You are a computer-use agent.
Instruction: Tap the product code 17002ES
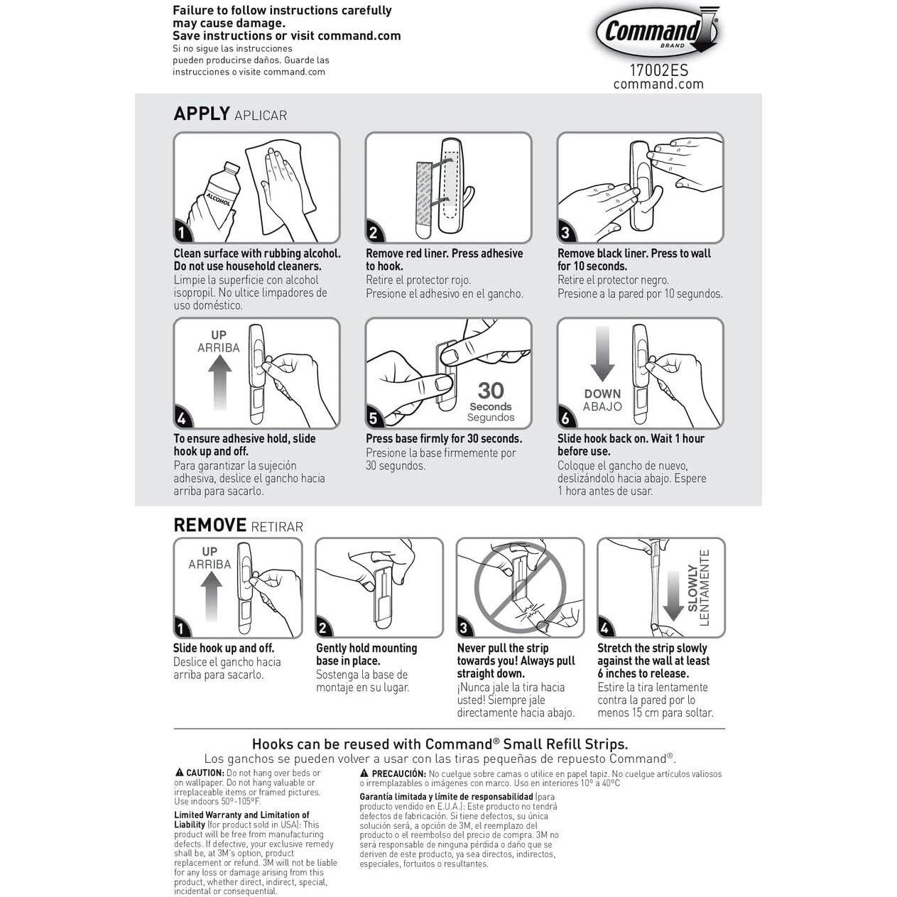(x=658, y=71)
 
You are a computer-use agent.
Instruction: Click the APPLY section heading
(x=202, y=114)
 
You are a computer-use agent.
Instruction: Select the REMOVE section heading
(x=210, y=525)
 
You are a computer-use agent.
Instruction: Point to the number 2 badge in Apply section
(x=374, y=232)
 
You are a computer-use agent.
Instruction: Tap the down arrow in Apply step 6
(x=603, y=353)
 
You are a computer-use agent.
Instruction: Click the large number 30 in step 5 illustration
(x=491, y=391)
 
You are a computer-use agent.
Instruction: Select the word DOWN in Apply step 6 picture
(x=602, y=393)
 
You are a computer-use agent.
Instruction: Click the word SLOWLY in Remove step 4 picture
(x=692, y=589)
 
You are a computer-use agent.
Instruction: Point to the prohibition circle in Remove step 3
(x=520, y=587)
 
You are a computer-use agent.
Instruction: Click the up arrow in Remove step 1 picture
(x=210, y=597)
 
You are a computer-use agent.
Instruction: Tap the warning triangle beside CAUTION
(x=179, y=773)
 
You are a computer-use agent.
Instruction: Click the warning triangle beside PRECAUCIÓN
(x=364, y=773)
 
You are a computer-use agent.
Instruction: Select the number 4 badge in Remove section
(x=605, y=628)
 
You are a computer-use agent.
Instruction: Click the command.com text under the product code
(x=658, y=84)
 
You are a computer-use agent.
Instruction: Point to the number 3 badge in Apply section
(x=565, y=232)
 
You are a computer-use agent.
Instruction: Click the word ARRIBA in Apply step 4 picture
(x=218, y=348)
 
